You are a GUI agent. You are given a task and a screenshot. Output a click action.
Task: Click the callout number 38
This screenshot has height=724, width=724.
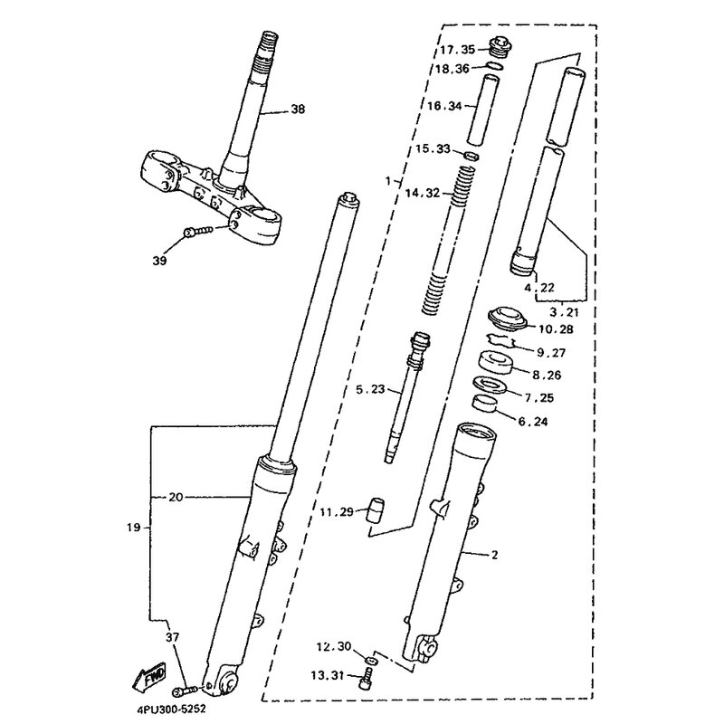(x=298, y=110)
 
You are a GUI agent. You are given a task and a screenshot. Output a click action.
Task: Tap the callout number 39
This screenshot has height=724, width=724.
(x=159, y=261)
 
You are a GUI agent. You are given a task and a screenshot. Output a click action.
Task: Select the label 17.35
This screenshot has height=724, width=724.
(x=457, y=50)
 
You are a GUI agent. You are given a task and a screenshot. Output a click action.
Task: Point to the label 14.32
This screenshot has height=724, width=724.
(x=423, y=193)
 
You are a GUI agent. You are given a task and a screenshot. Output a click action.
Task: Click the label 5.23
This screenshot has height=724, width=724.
(x=370, y=389)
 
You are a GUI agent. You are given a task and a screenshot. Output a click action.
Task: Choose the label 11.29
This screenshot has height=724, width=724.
(x=337, y=511)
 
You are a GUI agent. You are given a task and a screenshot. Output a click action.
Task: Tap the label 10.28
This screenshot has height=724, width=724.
(x=556, y=329)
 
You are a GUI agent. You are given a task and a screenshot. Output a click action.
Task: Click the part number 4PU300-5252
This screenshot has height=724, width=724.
(x=171, y=709)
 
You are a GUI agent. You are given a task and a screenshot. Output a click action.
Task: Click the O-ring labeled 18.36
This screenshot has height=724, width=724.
(x=494, y=65)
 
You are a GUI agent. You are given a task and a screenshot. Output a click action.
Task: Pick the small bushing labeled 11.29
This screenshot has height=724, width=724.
(x=376, y=510)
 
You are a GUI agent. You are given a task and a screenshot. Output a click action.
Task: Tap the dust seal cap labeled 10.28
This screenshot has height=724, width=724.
(x=507, y=319)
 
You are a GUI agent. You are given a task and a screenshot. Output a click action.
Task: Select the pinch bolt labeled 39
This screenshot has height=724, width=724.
(x=198, y=231)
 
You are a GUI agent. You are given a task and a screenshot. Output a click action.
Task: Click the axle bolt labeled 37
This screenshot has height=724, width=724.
(x=185, y=691)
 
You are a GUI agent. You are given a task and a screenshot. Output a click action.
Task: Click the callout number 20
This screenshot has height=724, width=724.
(x=176, y=497)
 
